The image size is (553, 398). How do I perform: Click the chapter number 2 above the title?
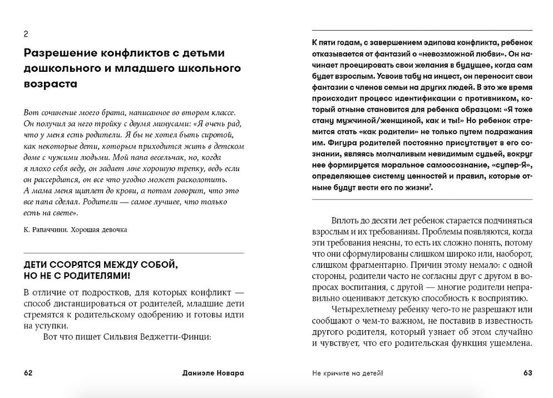[x=26, y=34]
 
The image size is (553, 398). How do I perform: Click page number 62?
[x=28, y=373]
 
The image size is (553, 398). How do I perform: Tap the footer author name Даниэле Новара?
[x=213, y=373]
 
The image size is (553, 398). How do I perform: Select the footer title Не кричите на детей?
[x=348, y=373]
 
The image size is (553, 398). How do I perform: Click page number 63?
[x=528, y=373]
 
